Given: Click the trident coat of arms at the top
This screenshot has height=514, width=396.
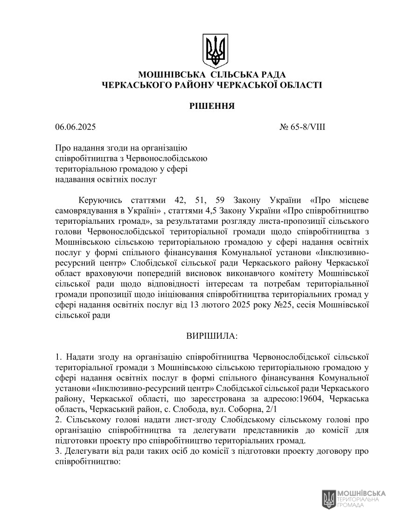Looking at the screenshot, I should (x=215, y=50).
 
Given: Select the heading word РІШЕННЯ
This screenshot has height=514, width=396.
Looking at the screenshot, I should (x=212, y=106).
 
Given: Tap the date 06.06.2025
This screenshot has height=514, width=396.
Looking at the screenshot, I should (x=75, y=127).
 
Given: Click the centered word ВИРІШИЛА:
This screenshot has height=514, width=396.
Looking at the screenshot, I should (x=212, y=336).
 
